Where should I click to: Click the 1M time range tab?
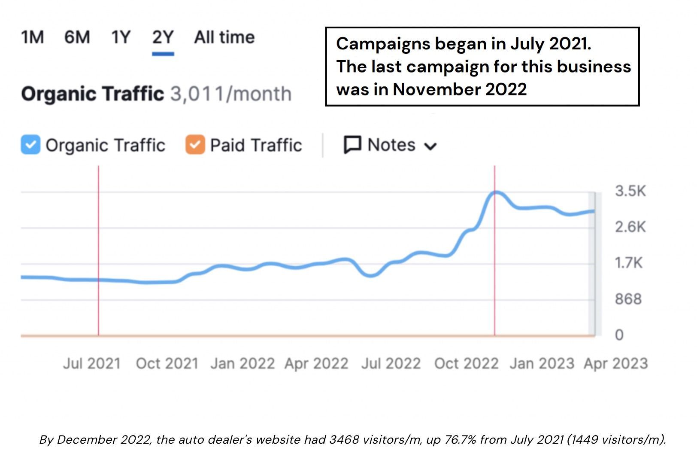tap(33, 37)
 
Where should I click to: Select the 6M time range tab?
tap(77, 37)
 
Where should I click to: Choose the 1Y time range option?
tap(121, 37)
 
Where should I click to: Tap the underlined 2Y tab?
tap(163, 38)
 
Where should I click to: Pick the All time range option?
tap(224, 37)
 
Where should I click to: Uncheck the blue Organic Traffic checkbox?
tap(30, 145)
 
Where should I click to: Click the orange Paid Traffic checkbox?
tap(195, 145)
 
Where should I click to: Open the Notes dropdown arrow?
tap(430, 146)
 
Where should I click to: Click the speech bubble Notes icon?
tap(352, 145)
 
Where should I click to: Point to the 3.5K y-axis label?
tap(630, 191)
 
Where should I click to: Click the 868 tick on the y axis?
tap(628, 299)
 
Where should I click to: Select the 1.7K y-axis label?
tap(628, 262)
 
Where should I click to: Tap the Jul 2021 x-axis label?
tap(91, 364)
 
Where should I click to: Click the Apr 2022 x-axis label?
tap(316, 364)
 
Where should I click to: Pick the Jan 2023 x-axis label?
tap(542, 364)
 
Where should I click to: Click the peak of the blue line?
tap(496, 192)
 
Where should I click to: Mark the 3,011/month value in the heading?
tap(230, 94)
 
